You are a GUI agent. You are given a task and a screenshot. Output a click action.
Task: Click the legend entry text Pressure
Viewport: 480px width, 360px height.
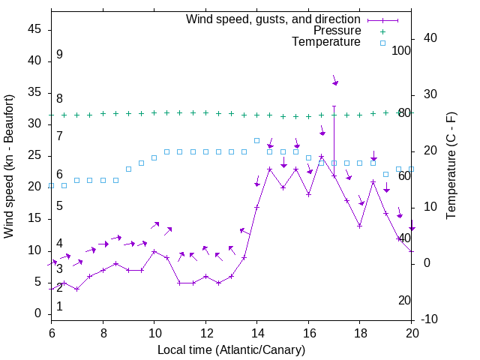[337, 31]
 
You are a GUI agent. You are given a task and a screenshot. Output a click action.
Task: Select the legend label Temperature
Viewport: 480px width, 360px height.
[326, 42]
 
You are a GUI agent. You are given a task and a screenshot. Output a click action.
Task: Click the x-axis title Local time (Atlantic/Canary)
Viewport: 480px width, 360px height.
[232, 349]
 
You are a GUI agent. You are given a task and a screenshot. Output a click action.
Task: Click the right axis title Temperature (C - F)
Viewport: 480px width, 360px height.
[451, 166]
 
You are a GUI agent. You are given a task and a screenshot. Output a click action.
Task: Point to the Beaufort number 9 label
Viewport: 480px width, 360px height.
[59, 55]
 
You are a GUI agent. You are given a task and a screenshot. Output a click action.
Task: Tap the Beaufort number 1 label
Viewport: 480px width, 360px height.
[59, 306]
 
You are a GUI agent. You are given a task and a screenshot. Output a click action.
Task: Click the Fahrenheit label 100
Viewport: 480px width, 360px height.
[402, 50]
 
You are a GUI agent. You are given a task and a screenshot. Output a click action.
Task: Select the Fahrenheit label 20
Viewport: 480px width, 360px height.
[404, 300]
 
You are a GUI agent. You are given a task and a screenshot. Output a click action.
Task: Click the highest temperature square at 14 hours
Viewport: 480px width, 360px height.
[256, 140]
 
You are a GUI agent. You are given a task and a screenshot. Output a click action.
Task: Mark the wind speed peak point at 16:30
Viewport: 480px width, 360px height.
[321, 157]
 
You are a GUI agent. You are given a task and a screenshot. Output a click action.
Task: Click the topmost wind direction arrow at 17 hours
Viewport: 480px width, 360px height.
[334, 80]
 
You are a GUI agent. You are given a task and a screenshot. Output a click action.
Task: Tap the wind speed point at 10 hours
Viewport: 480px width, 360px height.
[154, 251]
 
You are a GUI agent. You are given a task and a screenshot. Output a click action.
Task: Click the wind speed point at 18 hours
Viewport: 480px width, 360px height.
[360, 226]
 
